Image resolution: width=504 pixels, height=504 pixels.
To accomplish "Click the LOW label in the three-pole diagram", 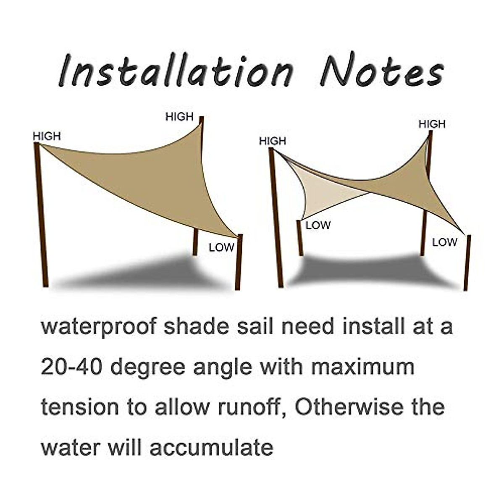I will click(x=221, y=247).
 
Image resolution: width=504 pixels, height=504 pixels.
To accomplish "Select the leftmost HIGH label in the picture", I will click(x=47, y=136).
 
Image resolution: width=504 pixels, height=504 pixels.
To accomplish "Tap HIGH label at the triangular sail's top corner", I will click(x=179, y=117).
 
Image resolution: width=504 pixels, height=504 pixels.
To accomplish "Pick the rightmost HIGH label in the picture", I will click(x=432, y=124).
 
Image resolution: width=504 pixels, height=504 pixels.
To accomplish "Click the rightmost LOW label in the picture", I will click(x=444, y=242).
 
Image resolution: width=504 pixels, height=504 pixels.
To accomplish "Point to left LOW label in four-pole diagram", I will click(x=318, y=226).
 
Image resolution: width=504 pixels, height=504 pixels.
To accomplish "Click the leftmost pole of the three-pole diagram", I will click(x=41, y=214).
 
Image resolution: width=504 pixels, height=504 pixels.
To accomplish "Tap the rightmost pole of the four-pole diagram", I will click(x=467, y=262).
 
